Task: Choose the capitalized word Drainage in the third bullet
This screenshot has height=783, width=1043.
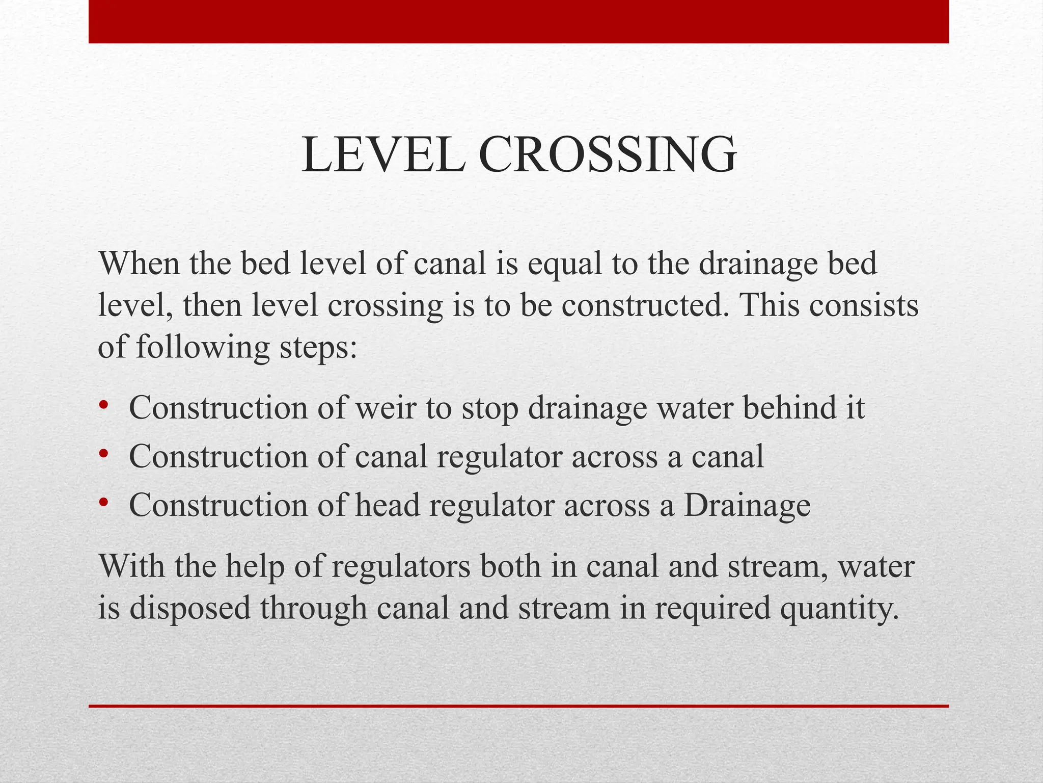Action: click(747, 507)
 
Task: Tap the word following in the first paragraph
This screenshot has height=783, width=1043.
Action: click(202, 349)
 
